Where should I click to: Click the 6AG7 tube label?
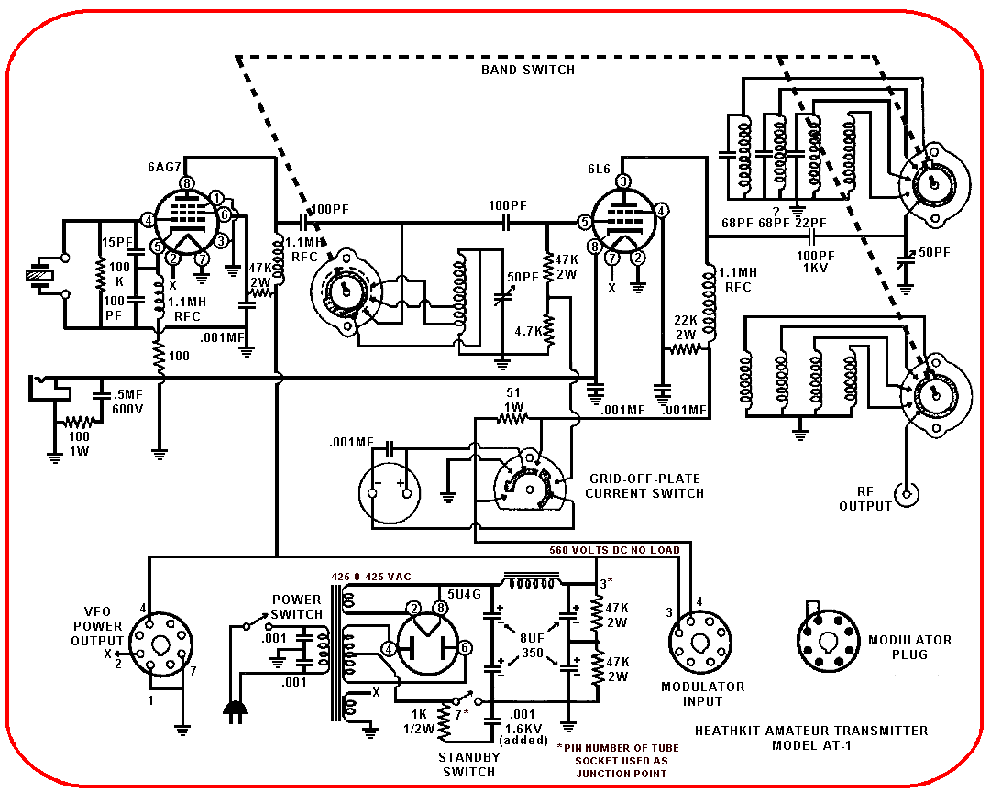click(x=164, y=168)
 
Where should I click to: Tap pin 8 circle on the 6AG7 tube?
click(x=187, y=183)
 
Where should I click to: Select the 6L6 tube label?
click(x=599, y=170)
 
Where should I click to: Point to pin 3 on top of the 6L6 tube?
click(x=623, y=181)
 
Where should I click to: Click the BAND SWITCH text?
click(x=528, y=70)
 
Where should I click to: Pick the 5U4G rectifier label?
click(x=464, y=594)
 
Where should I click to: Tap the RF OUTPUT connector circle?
click(x=907, y=494)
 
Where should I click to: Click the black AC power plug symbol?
click(x=235, y=711)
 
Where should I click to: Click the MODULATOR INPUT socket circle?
click(x=699, y=643)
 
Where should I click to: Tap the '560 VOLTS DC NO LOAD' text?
click(x=614, y=550)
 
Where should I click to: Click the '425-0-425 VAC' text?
click(x=371, y=577)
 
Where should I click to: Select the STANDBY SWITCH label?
click(x=469, y=764)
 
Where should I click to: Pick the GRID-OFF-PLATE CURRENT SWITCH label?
click(x=644, y=486)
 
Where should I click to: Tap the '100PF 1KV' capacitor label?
click(x=815, y=261)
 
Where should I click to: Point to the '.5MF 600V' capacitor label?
click(x=127, y=401)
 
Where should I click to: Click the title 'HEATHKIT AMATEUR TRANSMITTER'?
click(x=811, y=731)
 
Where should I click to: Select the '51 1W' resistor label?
click(x=513, y=399)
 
